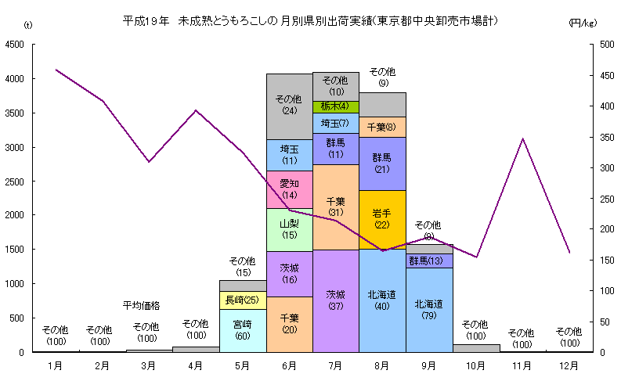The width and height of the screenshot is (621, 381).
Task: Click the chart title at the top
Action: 312,20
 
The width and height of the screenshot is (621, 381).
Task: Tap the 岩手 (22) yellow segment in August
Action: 381,219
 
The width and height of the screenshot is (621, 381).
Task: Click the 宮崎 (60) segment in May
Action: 243,330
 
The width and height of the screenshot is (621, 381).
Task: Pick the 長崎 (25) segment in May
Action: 243,300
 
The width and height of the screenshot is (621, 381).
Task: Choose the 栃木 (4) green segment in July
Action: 335,106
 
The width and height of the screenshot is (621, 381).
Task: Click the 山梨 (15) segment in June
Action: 289,229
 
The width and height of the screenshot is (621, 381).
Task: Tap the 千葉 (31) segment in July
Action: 335,207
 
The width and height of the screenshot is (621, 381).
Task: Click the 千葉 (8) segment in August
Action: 381,127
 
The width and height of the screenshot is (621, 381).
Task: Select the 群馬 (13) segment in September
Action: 428,261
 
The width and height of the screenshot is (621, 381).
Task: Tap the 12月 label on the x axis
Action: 569,365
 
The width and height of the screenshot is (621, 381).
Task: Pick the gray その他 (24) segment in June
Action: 289,106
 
